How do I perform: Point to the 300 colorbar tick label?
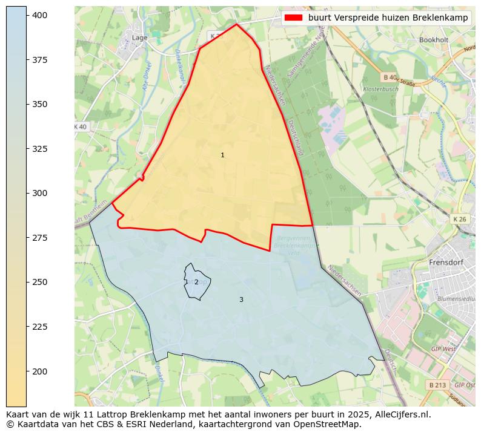point(40,193)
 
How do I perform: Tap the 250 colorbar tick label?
point(40,282)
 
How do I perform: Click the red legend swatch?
point(294,18)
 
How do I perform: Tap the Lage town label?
point(139,38)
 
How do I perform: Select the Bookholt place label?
point(433,40)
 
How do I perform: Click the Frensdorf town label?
point(446,263)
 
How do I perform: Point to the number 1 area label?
point(222,155)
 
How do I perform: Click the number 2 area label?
point(196,283)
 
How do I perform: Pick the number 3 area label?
point(241,299)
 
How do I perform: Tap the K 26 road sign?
point(460,218)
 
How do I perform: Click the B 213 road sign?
point(437,385)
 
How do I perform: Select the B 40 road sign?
point(390,77)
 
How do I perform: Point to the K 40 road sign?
point(80,126)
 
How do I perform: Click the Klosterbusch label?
point(380,90)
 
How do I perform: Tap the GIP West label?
point(443,349)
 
